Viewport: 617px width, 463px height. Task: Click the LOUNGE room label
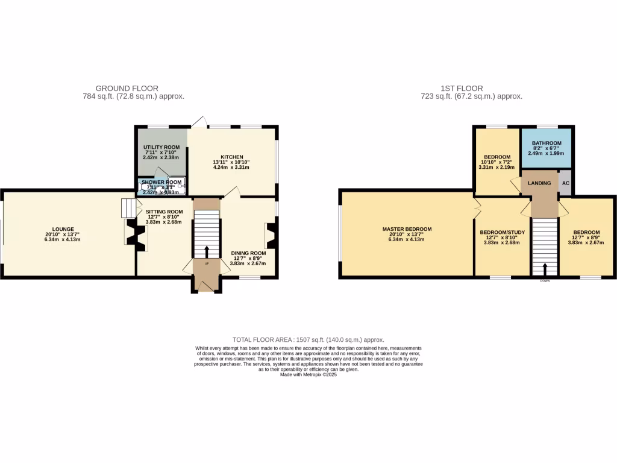pos(63,228)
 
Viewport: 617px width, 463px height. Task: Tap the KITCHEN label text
pos(231,157)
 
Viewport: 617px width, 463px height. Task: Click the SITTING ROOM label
pos(164,212)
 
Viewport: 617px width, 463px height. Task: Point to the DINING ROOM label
pos(248,253)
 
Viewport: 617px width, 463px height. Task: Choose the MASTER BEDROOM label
pos(407,229)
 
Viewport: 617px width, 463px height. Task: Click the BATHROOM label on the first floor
pos(547,143)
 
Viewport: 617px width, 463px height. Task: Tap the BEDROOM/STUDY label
pos(498,232)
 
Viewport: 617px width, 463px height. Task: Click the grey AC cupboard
pos(565,183)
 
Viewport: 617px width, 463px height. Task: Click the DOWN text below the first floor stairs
pos(545,280)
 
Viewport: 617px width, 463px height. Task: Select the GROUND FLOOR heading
pos(133,89)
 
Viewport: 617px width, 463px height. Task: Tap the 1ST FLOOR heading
pos(471,89)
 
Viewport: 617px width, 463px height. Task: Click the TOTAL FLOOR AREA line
pos(308,340)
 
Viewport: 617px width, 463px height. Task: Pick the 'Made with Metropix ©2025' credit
pos(308,374)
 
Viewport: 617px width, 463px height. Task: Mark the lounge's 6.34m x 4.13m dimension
pos(63,239)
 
